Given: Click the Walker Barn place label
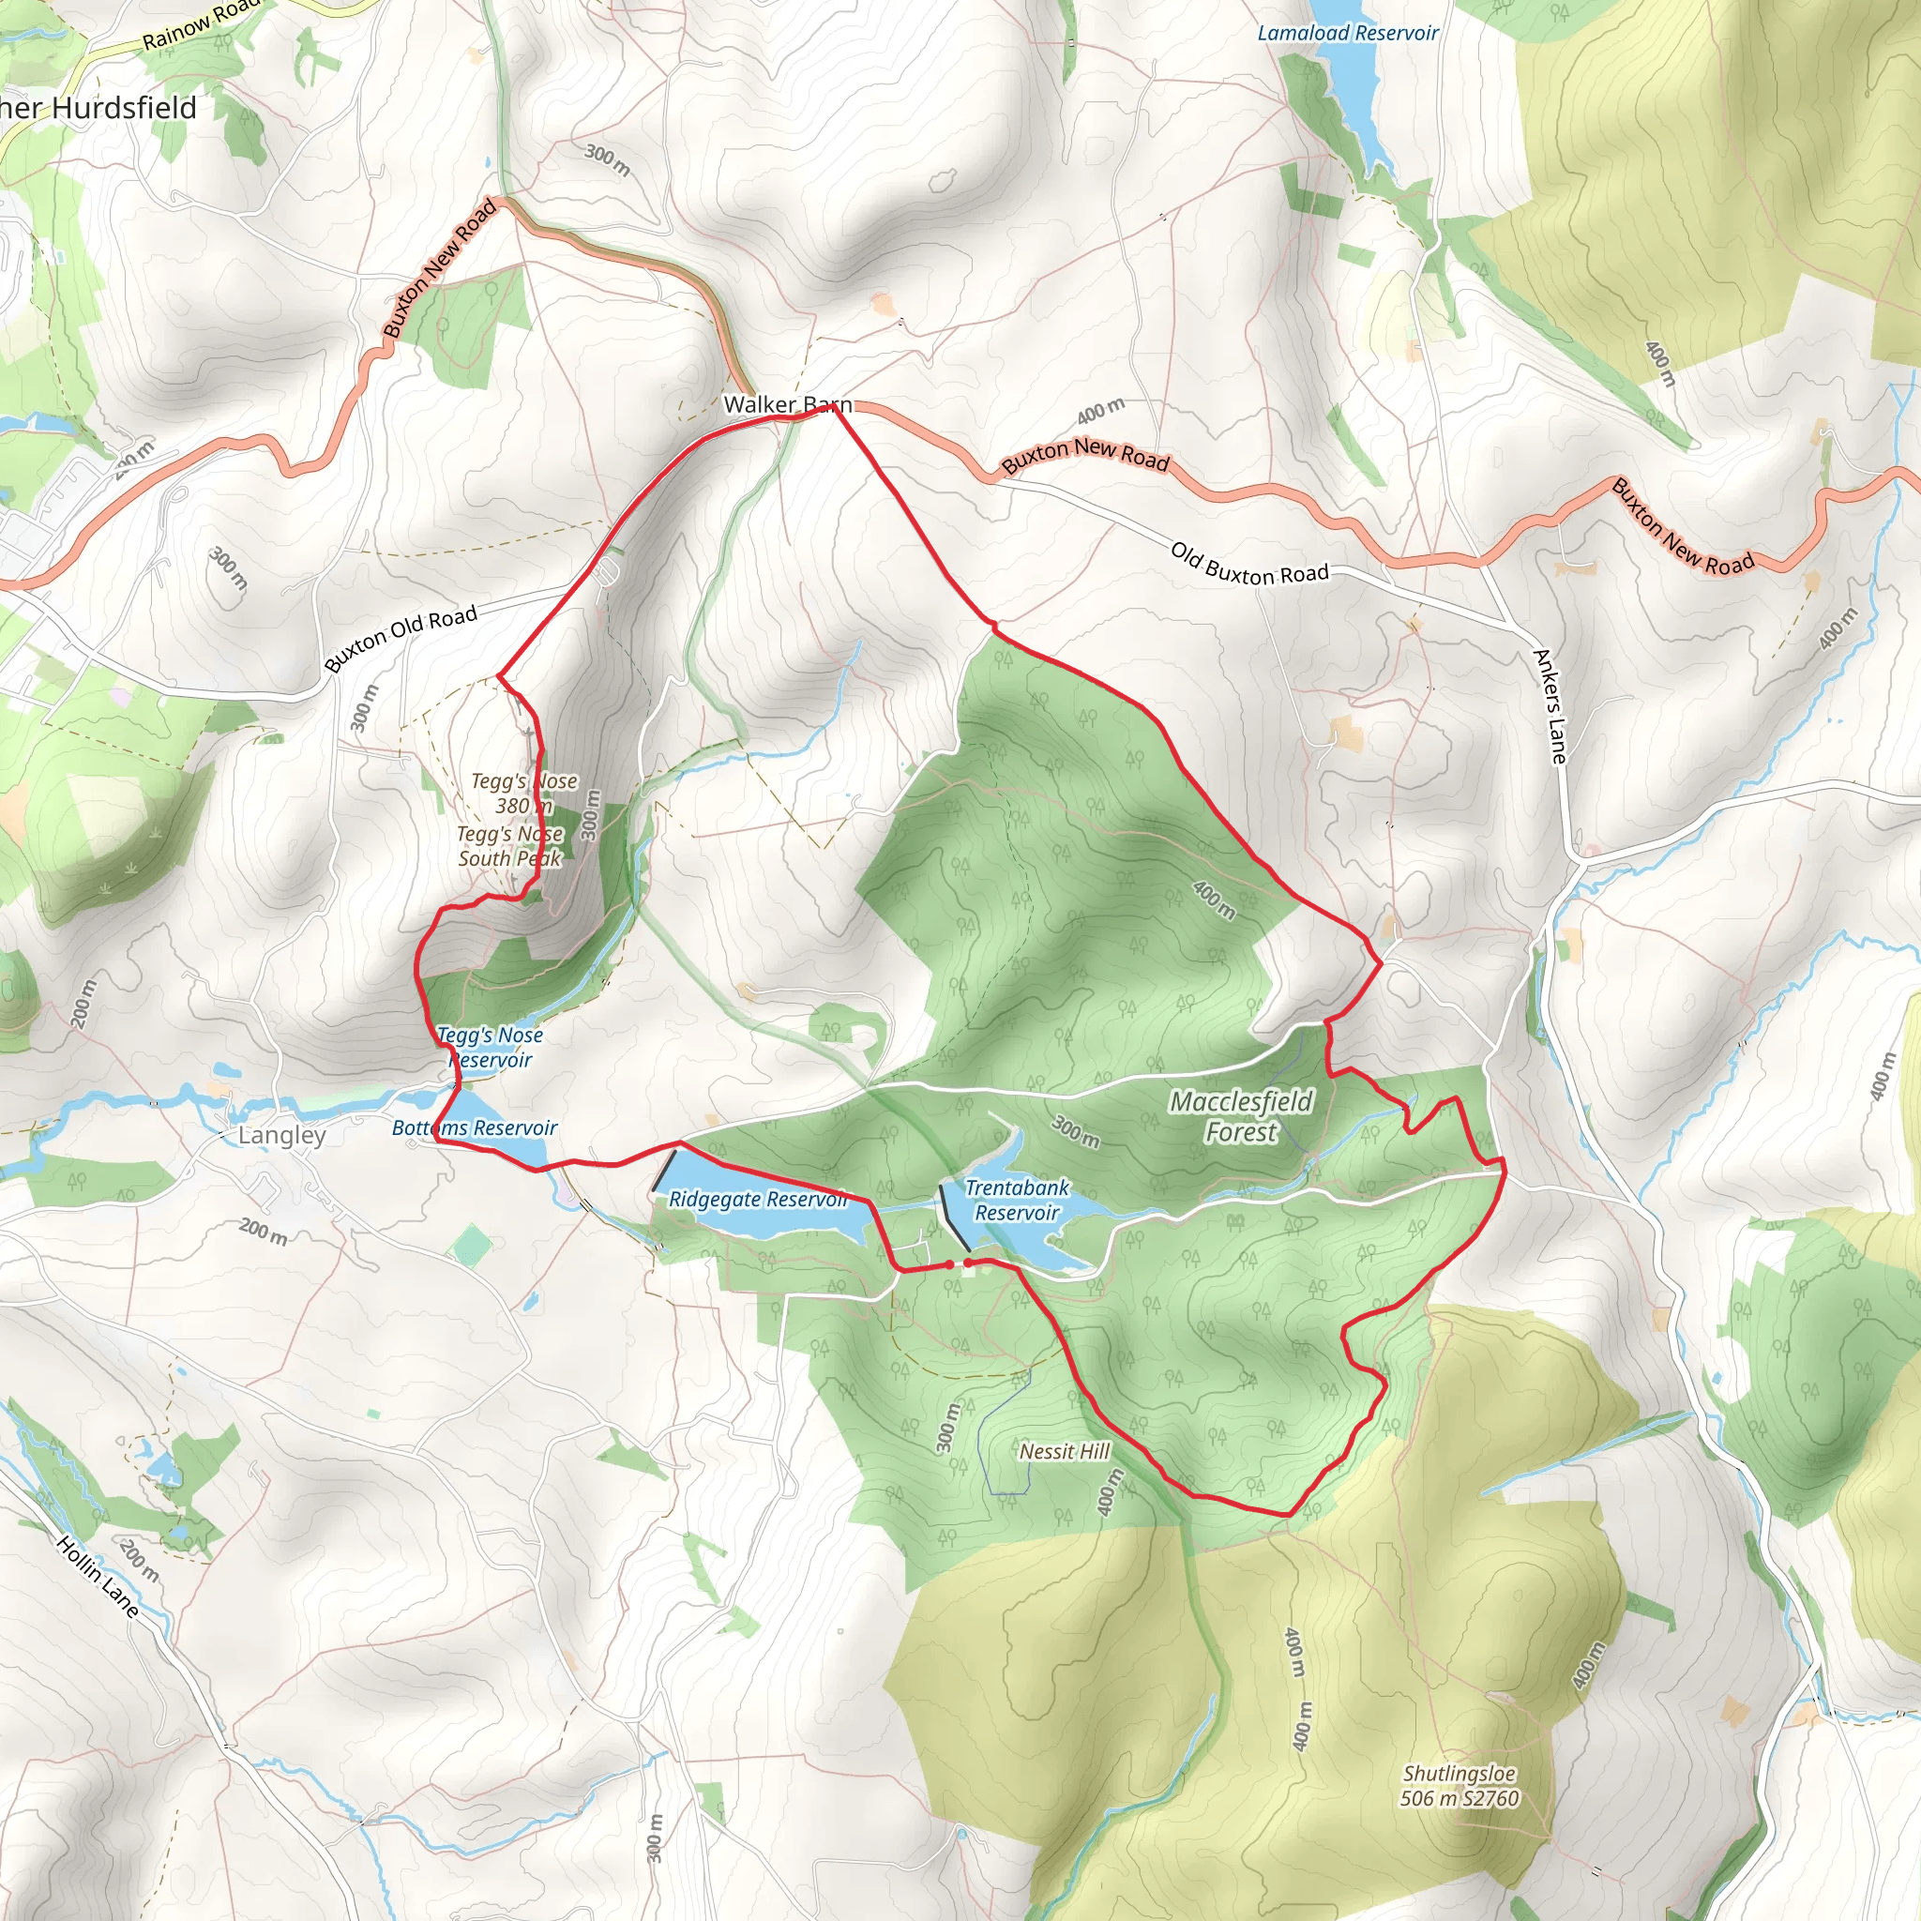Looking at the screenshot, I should [788, 404].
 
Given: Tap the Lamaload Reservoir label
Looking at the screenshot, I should [1347, 34].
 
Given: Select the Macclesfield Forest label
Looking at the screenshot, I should [1241, 1116].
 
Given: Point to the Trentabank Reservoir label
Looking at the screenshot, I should [1016, 1200].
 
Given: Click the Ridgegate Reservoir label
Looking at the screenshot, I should [758, 1199].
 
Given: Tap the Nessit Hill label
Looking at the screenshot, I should [1064, 1452].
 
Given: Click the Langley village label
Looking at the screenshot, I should [281, 1136].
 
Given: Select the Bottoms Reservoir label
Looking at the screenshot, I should [475, 1127].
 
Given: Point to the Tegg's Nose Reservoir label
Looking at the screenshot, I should [491, 1047].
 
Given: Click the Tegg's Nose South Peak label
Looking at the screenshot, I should [510, 846].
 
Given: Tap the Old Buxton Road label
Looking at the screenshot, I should [1248, 564].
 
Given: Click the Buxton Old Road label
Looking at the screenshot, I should [401, 639].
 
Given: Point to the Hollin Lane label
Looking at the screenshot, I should [98, 1577].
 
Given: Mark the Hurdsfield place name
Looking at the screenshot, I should [99, 107].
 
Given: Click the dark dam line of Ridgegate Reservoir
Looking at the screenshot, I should [664, 1172].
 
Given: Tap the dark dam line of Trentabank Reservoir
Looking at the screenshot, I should [955, 1218].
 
